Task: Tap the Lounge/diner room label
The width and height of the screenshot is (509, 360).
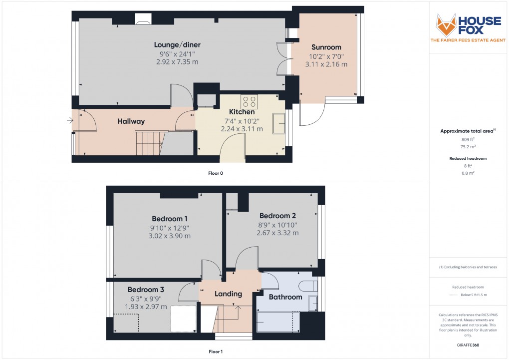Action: coord(177,45)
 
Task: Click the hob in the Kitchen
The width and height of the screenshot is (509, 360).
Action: coord(249,102)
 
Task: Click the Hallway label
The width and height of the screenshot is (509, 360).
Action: coord(131,121)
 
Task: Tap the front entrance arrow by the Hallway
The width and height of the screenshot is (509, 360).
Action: coord(69,120)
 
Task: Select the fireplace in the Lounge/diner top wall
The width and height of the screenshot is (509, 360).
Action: coord(143,19)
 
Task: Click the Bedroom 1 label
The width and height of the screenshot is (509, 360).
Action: coord(170,219)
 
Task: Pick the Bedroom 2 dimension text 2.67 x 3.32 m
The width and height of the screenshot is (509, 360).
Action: coord(277,233)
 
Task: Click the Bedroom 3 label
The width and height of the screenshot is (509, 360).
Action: coord(146,290)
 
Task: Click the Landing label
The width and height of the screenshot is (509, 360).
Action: coord(228,294)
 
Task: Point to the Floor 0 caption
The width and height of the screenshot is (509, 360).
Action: coord(216,173)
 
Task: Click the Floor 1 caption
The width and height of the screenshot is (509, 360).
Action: coord(216,352)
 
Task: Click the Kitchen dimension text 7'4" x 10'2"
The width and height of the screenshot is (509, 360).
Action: coord(242,120)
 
